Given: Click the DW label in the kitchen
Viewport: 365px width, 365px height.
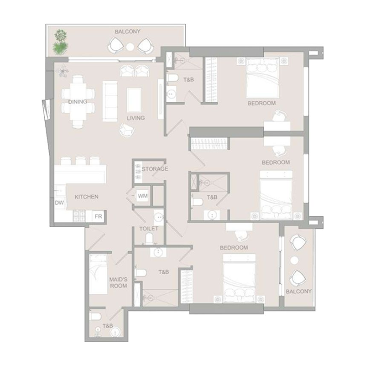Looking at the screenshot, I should point(59,203).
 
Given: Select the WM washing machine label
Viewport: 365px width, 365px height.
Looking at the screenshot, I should point(142,196).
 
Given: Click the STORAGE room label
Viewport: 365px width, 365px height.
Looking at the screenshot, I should point(155,169).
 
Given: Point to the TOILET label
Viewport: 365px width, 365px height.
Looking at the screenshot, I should point(149,229).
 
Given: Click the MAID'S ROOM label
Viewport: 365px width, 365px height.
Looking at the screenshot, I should point(118,282).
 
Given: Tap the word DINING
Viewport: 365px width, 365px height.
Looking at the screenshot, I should point(78,102).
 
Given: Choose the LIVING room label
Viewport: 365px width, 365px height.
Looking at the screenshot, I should point(136,118).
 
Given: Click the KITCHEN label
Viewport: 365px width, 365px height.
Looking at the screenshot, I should point(87,197).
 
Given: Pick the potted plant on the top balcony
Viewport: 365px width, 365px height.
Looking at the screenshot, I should point(60,41).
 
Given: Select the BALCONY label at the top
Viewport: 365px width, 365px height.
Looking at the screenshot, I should point(128,31).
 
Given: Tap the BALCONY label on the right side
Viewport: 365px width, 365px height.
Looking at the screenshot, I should point(298,291).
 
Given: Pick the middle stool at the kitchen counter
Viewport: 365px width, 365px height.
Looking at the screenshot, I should point(82,161).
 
